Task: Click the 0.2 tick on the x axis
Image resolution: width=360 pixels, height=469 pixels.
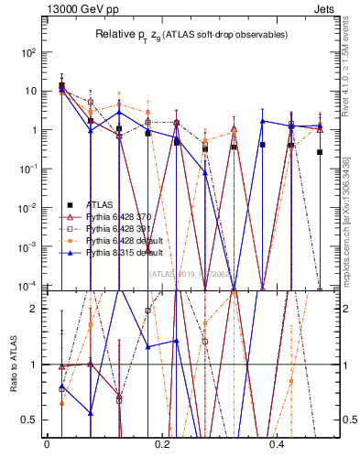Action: coord(162,444)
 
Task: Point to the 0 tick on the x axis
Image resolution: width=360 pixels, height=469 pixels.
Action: coord(47,444)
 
